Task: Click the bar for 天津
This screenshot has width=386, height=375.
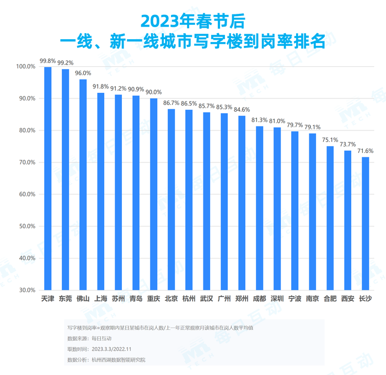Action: (x=48, y=178)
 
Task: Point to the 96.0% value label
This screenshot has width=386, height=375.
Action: (x=83, y=73)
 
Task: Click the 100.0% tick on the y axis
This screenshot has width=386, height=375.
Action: (x=26, y=67)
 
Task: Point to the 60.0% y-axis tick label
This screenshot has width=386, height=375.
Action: (x=26, y=194)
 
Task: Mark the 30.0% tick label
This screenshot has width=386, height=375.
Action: (x=26, y=290)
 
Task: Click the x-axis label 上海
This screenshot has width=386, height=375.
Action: (x=101, y=299)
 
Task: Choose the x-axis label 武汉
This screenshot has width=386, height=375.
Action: (x=206, y=299)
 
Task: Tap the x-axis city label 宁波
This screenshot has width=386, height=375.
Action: (x=294, y=299)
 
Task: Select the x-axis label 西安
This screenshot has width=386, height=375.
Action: (x=347, y=299)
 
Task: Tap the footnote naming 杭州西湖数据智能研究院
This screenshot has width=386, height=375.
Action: (x=107, y=360)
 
